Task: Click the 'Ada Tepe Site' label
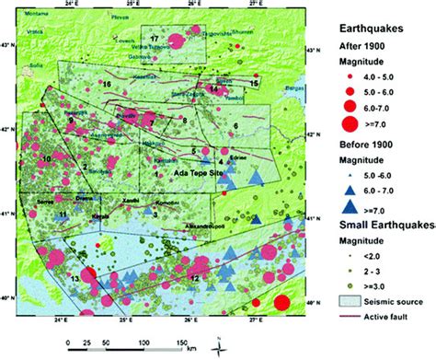[198, 172]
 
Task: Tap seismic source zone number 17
[155, 39]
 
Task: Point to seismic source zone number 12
[193, 275]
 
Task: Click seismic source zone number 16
[108, 85]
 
